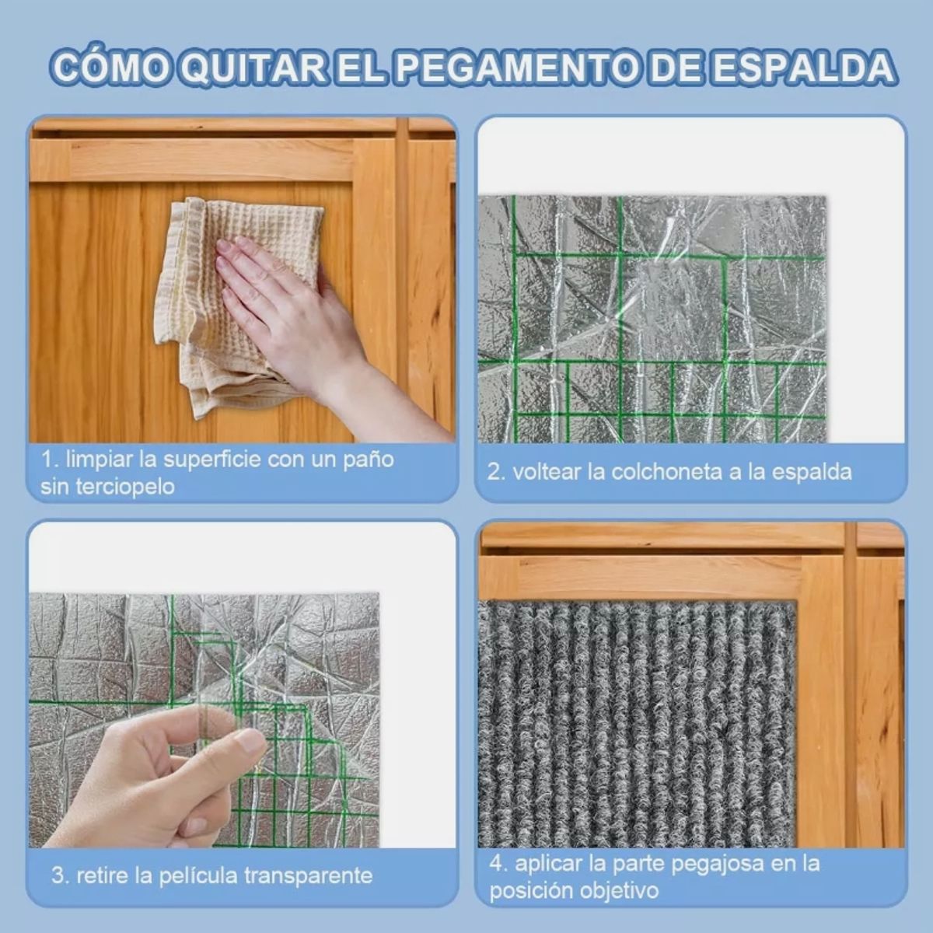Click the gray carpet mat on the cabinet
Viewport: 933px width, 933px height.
[638, 725]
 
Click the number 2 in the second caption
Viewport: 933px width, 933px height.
[494, 472]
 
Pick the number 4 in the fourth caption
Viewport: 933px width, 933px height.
[496, 864]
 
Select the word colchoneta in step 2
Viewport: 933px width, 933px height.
[668, 472]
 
